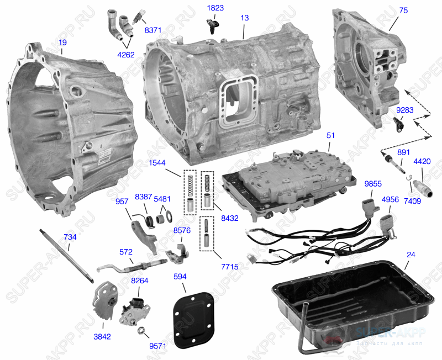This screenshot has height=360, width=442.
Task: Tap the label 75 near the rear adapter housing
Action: click(403, 10)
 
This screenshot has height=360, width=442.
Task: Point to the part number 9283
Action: click(404, 110)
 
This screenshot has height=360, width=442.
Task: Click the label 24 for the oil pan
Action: click(411, 255)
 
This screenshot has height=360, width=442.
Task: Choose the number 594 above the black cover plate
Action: click(180, 276)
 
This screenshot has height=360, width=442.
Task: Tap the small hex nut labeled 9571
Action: click(141, 331)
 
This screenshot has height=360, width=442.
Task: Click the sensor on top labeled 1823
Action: click(212, 25)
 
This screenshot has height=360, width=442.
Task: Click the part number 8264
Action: click(139, 280)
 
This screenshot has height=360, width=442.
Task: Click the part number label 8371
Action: click(153, 30)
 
